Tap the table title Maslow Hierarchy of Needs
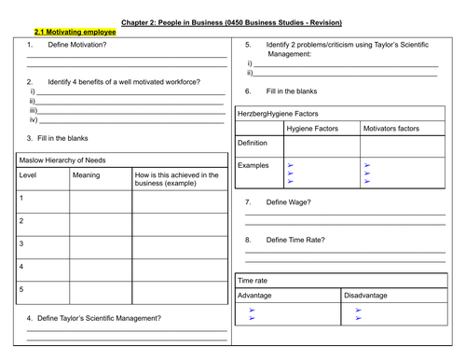(62, 159)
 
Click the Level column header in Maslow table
(28, 174)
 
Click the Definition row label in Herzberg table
(254, 144)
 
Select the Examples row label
(254, 165)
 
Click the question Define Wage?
(290, 202)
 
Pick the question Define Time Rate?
(295, 240)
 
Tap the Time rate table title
(254, 280)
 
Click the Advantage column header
(255, 295)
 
